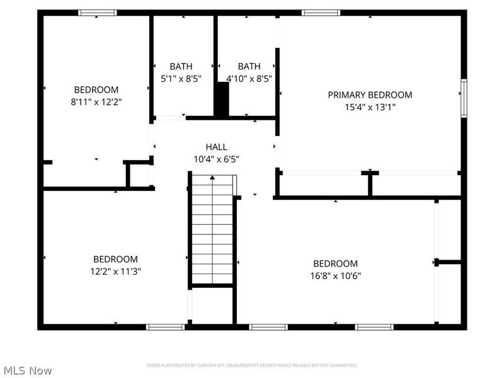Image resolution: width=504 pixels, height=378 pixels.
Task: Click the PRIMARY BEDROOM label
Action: tap(370, 95)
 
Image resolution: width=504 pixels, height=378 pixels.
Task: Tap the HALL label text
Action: tap(216, 147)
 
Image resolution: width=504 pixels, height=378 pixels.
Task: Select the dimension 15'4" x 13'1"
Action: tap(370, 107)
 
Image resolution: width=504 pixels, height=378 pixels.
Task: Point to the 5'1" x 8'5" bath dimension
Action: tap(181, 79)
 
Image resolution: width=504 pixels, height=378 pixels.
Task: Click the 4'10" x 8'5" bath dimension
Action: tap(249, 79)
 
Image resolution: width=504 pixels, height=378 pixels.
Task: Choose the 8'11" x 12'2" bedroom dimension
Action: tap(96, 101)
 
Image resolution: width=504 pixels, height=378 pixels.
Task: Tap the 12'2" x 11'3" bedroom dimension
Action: tap(115, 272)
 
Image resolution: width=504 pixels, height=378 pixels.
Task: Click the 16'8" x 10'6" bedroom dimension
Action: tap(335, 275)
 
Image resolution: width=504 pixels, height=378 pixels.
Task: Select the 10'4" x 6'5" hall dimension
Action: tap(216, 159)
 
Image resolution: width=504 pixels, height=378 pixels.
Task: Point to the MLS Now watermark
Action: tap(28, 371)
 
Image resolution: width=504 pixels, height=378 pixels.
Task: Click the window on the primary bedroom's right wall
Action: tap(464, 98)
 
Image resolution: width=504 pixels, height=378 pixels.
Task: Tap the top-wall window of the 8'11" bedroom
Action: tap(97, 13)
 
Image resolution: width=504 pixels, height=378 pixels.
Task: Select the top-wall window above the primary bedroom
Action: tap(321, 13)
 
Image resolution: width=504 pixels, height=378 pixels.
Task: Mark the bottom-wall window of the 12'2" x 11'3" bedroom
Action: tap(165, 327)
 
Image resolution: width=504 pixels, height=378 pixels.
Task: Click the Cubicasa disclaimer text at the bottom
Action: tap(252, 365)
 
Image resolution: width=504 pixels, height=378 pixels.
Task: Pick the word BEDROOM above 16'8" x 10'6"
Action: tap(335, 263)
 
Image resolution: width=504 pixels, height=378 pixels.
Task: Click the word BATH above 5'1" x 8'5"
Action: tap(181, 67)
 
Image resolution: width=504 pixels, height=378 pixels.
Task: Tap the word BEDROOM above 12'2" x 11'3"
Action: tap(115, 259)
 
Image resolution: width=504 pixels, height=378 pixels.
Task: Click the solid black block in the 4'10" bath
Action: tap(222, 99)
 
